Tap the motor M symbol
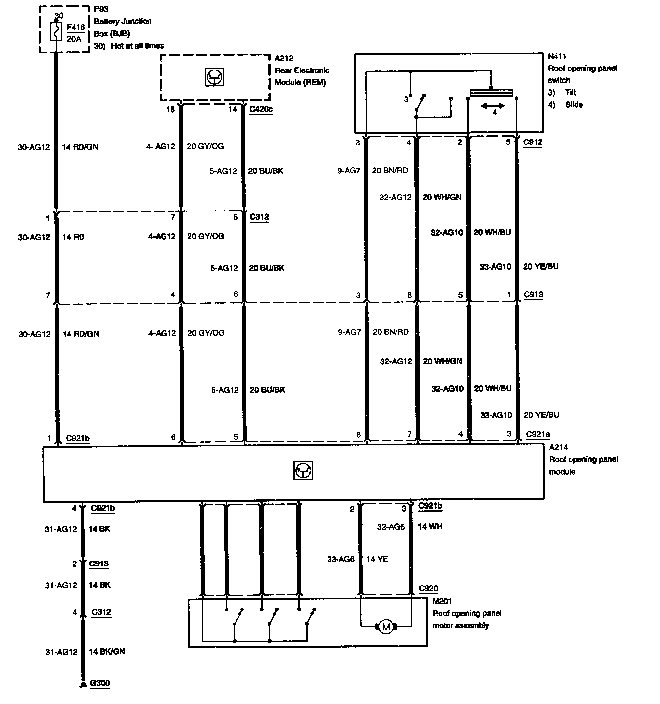[386, 627]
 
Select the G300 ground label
[100, 683]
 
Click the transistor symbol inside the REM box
[214, 77]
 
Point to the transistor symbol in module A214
[303, 470]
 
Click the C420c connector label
[261, 109]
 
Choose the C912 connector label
[533, 142]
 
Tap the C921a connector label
[538, 435]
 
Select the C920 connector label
[428, 589]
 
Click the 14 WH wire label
[430, 526]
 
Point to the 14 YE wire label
[377, 559]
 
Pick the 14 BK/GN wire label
[106, 651]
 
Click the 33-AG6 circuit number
[341, 559]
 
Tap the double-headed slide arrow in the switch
[493, 106]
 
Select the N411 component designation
[557, 57]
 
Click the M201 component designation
[442, 601]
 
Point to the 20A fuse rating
[74, 39]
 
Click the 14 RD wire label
[73, 237]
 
